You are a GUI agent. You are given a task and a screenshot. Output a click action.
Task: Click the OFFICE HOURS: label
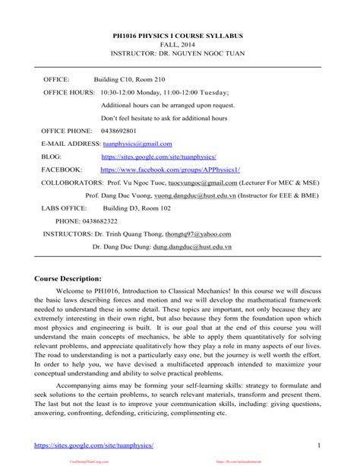[x=68, y=91]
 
